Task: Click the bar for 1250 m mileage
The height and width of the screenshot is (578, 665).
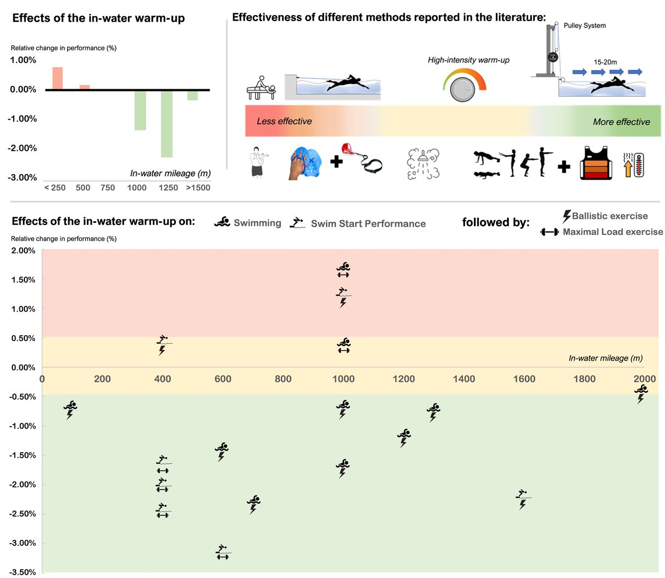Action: pos(166,124)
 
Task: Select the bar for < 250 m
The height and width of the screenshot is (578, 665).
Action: pos(58,78)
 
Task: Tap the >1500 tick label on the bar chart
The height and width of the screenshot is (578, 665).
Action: pos(198,188)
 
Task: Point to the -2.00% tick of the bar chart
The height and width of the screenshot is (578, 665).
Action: pos(23,148)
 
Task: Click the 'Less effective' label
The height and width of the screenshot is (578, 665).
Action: pos(284,121)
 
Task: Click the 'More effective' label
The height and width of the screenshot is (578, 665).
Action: pos(621,122)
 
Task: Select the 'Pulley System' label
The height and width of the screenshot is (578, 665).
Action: pos(584,25)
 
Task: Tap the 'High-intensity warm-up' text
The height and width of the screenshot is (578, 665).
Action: pos(468,60)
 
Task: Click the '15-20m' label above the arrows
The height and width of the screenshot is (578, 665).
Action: pos(605,62)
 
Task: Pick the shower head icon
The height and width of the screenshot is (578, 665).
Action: pos(423,163)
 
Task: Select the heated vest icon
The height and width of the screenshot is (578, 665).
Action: pos(596,163)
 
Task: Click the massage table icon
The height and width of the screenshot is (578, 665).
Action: pos(260,88)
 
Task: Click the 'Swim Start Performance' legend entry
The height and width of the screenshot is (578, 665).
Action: pos(368,224)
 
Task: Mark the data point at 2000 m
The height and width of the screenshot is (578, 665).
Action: pos(641,394)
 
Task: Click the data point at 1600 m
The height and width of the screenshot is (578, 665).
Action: pos(522,499)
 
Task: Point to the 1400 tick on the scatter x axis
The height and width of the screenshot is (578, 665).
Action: pos(464,379)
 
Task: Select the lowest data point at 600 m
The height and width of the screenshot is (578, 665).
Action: pos(223,552)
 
